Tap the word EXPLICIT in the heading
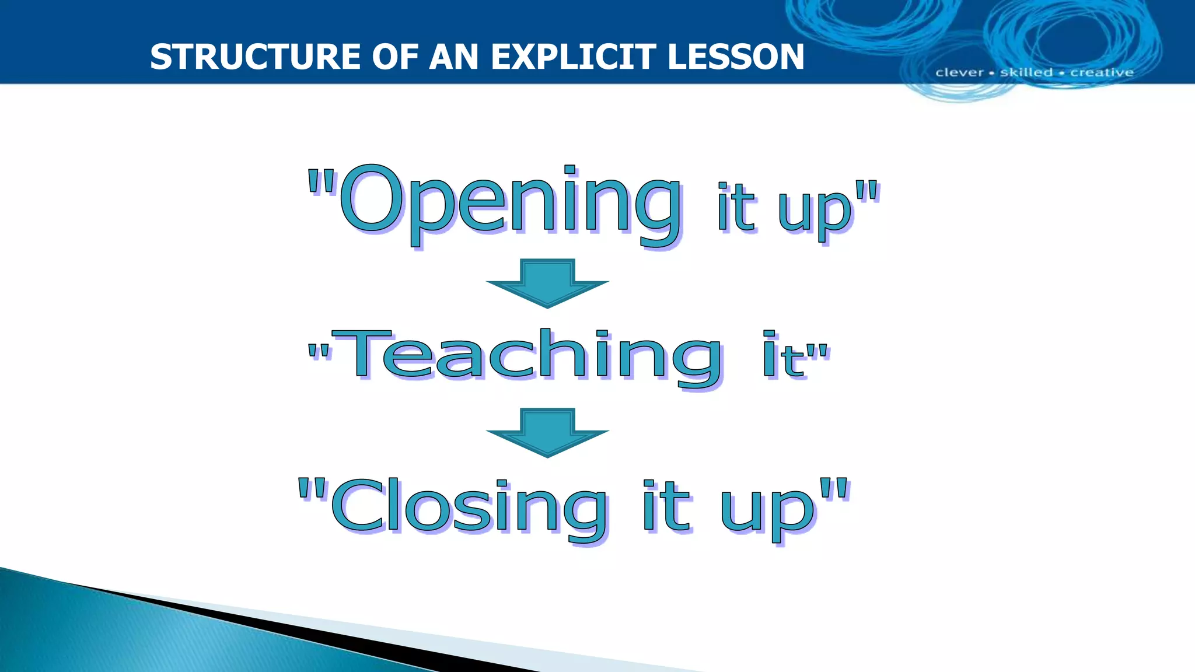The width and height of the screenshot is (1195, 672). pos(574,57)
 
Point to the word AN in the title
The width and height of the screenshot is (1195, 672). pos(454,57)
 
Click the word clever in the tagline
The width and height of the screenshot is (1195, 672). pos(959,72)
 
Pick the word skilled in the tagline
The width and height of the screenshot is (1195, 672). pos(1026,72)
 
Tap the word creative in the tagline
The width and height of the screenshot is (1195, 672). pos(1102,72)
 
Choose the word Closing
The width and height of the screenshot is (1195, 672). pos(470,506)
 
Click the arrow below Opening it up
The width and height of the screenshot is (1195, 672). pos(547,283)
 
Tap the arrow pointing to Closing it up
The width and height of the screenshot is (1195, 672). pos(547,432)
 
